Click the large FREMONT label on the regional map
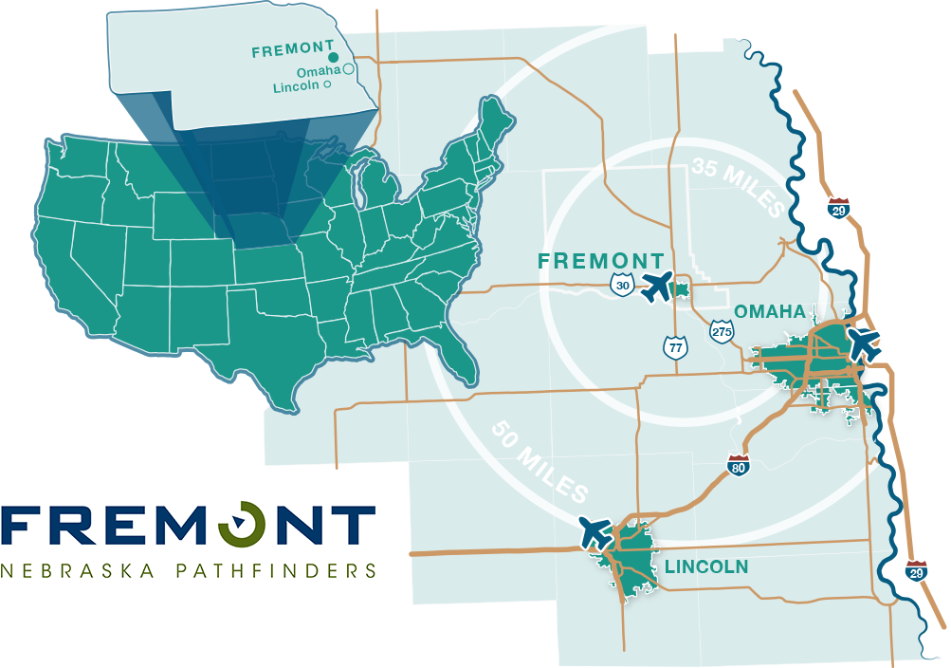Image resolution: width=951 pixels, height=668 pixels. (x=600, y=261)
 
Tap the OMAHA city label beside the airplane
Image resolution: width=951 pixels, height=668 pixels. (x=770, y=311)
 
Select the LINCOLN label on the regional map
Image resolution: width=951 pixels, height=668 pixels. (x=706, y=567)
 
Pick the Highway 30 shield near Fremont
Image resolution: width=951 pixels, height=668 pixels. (x=621, y=286)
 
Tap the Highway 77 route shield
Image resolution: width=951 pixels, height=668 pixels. (x=675, y=346)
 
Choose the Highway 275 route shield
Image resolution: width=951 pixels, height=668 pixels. (x=721, y=330)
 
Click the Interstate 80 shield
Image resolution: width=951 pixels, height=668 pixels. (x=739, y=465)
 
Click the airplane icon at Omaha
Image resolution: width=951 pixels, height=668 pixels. (x=864, y=343)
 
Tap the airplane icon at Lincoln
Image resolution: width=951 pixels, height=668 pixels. (x=595, y=531)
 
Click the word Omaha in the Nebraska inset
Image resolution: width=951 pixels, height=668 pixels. (x=318, y=71)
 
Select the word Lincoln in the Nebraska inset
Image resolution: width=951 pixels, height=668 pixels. (x=297, y=86)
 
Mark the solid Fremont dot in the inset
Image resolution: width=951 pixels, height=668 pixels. (x=333, y=58)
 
